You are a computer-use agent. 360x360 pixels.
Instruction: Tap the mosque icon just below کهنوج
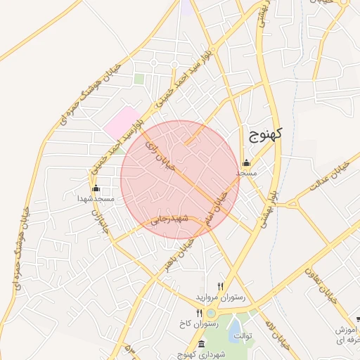(x=245, y=163)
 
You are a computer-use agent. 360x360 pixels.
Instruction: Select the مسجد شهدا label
(x=96, y=200)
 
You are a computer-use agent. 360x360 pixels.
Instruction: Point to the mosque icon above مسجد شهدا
(x=96, y=189)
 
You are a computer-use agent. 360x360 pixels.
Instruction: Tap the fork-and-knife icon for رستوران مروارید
(x=221, y=286)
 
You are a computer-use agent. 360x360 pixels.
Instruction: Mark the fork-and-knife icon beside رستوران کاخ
(x=200, y=314)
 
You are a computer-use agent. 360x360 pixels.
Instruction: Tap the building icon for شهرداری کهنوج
(x=202, y=345)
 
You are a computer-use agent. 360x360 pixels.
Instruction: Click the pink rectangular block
(x=122, y=121)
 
